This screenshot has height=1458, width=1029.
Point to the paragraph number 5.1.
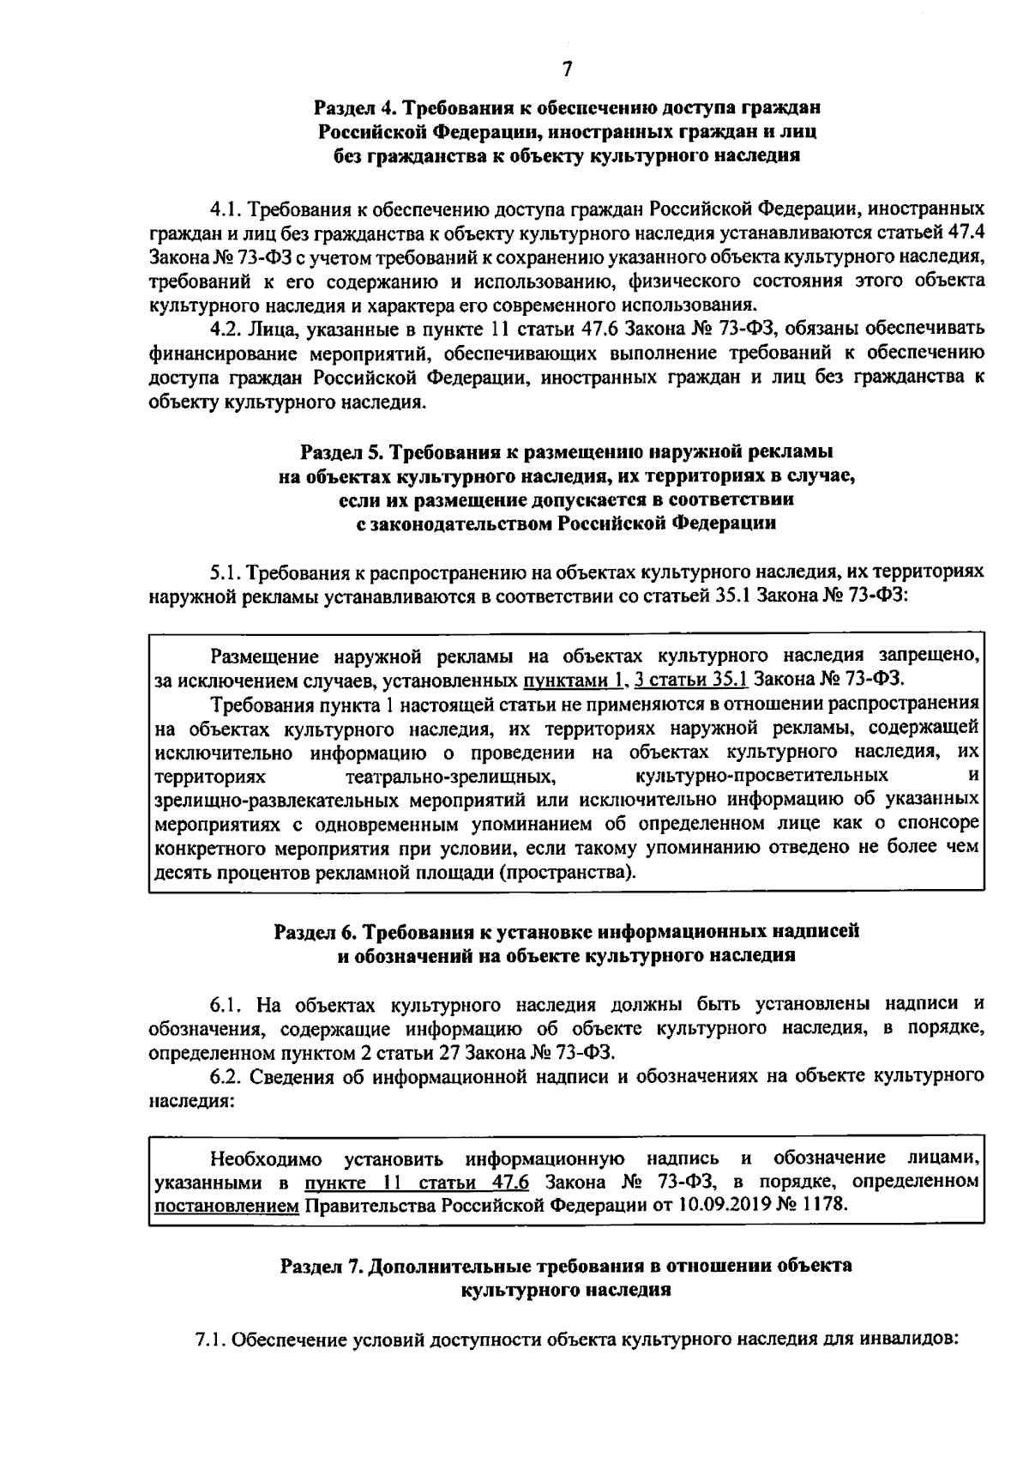pyautogui.click(x=227, y=571)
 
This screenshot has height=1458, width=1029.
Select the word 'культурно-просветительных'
pyautogui.click(x=761, y=777)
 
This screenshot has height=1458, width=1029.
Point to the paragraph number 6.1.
pyautogui.click(x=227, y=1005)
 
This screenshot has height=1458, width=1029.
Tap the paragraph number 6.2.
pyautogui.click(x=227, y=1075)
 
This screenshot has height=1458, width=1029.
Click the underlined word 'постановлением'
pyautogui.click(x=226, y=1206)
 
